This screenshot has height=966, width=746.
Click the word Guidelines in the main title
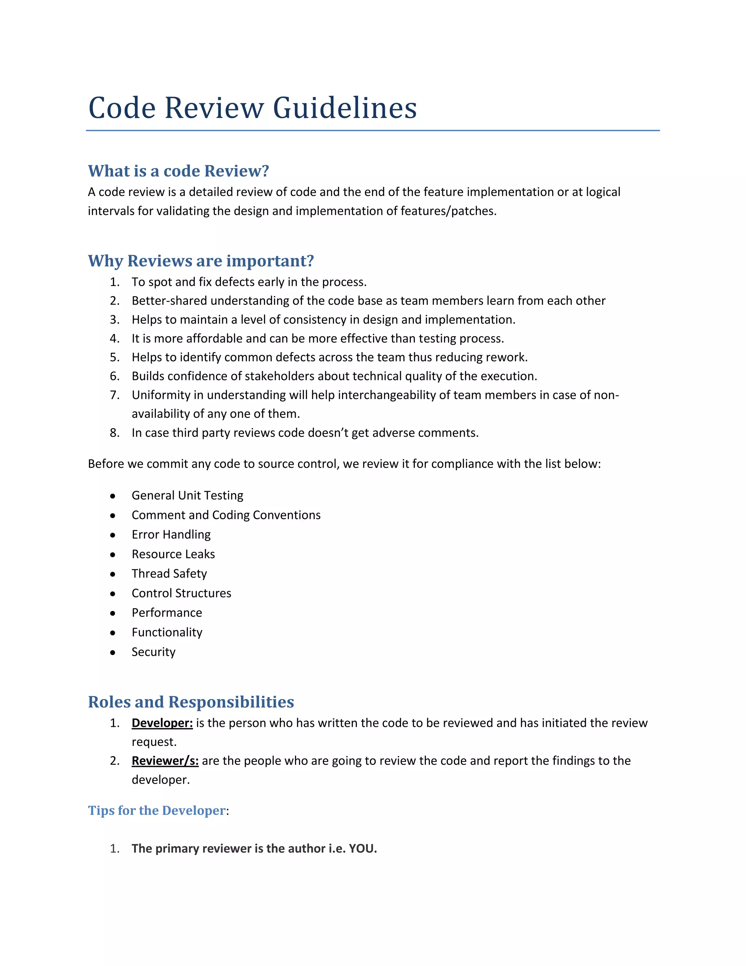point(345,108)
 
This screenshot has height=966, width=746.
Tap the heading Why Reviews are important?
point(201,261)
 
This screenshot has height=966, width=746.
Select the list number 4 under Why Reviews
point(114,339)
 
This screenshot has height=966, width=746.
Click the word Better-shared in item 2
point(169,301)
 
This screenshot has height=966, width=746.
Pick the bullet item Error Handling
point(171,535)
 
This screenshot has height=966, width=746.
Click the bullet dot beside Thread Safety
point(113,574)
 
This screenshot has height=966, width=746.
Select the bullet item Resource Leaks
point(173,554)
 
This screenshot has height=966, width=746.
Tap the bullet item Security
point(153,652)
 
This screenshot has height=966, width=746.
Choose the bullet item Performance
point(166,613)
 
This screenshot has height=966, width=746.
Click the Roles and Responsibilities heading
point(191,702)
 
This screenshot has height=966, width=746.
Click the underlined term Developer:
point(162,723)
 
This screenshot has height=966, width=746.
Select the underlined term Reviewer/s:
point(165,761)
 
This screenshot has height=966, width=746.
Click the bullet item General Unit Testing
point(187,495)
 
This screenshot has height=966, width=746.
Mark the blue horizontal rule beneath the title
point(373,131)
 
